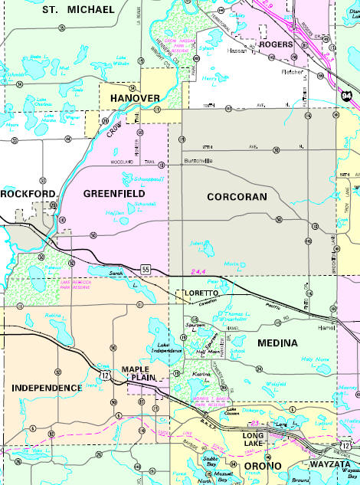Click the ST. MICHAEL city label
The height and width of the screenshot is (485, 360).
pyautogui.click(x=78, y=9)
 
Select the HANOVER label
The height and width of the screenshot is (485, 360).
pyautogui.click(x=134, y=98)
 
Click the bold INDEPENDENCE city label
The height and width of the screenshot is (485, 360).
pyautogui.click(x=47, y=388)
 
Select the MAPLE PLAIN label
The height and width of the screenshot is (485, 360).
pyautogui.click(x=140, y=375)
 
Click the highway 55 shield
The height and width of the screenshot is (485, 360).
pyautogui.click(x=145, y=267)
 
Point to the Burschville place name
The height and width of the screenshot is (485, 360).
pyautogui.click(x=201, y=162)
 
